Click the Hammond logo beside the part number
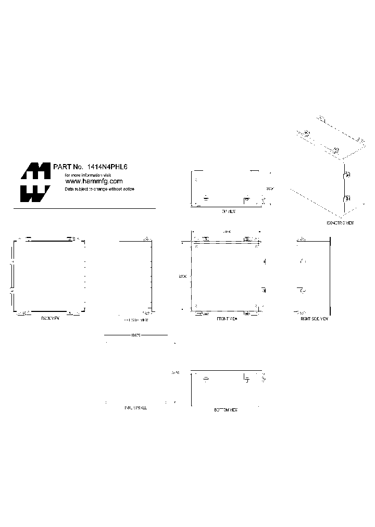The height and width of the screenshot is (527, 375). click(x=35, y=182)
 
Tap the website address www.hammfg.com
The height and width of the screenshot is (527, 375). click(x=94, y=181)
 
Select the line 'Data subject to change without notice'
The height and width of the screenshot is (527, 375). click(x=99, y=189)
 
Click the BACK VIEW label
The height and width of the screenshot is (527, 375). click(x=51, y=318)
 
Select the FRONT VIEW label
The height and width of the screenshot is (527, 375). click(x=227, y=318)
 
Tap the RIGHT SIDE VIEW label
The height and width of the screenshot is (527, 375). click(x=314, y=318)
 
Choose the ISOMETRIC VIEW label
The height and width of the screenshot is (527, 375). click(x=340, y=222)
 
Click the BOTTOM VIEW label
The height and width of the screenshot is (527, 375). click(x=226, y=410)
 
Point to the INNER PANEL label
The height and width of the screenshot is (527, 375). click(x=135, y=408)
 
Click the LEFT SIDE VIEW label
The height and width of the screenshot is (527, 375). click(x=136, y=320)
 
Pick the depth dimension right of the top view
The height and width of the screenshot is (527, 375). click(x=269, y=189)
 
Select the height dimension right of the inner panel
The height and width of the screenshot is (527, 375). click(x=175, y=372)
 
